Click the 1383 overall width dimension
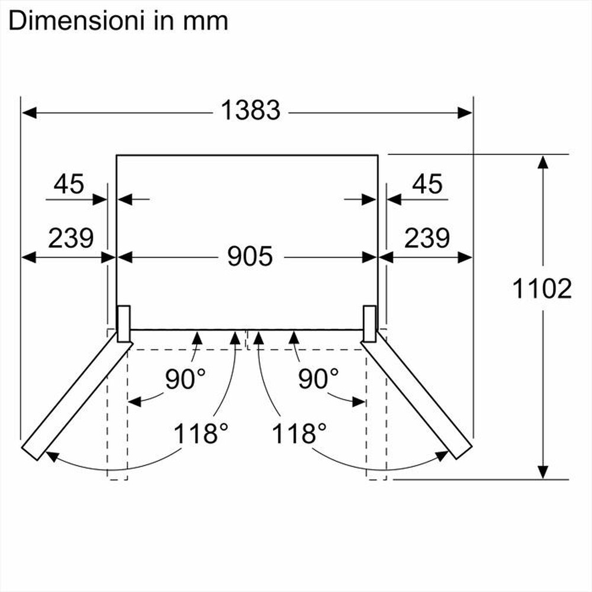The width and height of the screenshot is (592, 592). (250, 110)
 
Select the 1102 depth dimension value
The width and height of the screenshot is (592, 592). (542, 288)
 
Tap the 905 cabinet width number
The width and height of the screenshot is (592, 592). (250, 256)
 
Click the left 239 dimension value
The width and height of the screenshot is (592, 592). (70, 237)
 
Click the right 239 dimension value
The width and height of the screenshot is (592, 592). (427, 237)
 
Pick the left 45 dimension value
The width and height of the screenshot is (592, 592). (69, 184)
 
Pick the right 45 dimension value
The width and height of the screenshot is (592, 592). (427, 184)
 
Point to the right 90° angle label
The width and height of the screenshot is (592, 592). (318, 379)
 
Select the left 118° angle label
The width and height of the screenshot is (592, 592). (200, 433)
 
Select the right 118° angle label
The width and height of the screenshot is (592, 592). (299, 433)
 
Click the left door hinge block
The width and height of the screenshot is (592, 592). (124, 324)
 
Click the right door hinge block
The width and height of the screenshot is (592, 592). (369, 324)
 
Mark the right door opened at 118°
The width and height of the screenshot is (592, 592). (419, 397)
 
